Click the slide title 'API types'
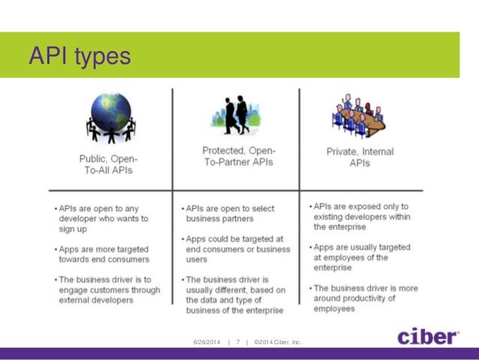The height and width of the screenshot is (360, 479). pos(79,56)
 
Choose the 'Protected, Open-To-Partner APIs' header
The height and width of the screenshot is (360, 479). pos(236,157)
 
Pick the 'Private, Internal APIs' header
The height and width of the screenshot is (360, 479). pos(360,157)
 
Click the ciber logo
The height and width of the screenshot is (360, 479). pos(428,335)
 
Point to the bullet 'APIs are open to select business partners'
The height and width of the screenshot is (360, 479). pos(230,213)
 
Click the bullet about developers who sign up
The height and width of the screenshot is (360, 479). pos(103,219)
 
